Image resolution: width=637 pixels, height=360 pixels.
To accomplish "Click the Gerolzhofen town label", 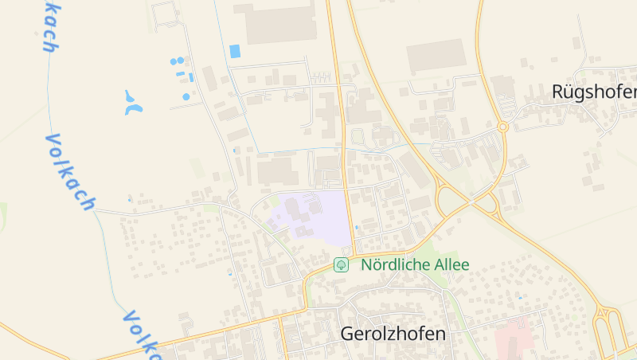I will [393, 334].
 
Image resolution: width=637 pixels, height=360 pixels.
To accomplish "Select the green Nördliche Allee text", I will [415, 264].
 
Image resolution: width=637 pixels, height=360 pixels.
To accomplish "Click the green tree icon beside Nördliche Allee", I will [341, 264].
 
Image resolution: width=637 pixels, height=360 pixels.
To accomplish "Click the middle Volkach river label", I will [69, 172].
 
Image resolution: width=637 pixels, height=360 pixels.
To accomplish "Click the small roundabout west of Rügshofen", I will [502, 127].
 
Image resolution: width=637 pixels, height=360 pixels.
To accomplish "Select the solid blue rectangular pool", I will [234, 51].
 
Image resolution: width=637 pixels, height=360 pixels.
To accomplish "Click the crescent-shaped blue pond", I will [133, 103].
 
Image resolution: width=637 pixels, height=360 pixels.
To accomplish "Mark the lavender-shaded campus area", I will [313, 215].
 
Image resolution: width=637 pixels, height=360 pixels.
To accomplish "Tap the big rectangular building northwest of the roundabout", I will [435, 57].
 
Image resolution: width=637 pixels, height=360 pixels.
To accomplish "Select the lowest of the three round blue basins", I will [186, 96].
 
